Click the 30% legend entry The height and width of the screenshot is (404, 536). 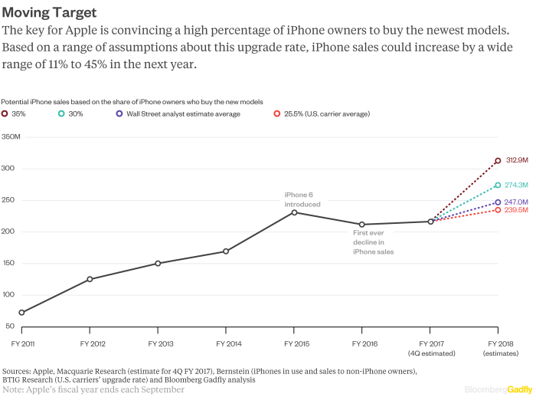pyautogui.click(x=70, y=113)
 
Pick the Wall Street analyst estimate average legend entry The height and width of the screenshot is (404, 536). pyautogui.click(x=177, y=113)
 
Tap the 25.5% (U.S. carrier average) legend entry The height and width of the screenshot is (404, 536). pyautogui.click(x=322, y=113)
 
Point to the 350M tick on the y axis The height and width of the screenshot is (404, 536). pyautogui.click(x=11, y=137)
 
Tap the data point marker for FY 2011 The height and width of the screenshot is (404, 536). pyautogui.click(x=21, y=313)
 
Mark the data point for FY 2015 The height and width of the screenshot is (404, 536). pyautogui.click(x=294, y=212)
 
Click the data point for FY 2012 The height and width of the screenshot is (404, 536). pyautogui.click(x=90, y=279)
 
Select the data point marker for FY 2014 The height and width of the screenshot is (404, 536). pyautogui.click(x=226, y=251)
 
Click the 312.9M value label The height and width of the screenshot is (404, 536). pyautogui.click(x=517, y=160)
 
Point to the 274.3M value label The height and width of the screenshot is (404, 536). pyautogui.click(x=517, y=185)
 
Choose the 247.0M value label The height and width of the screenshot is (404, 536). pyautogui.click(x=517, y=202)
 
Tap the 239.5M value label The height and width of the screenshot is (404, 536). pyautogui.click(x=517, y=210)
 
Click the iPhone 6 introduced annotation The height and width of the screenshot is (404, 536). pyautogui.click(x=302, y=199)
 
